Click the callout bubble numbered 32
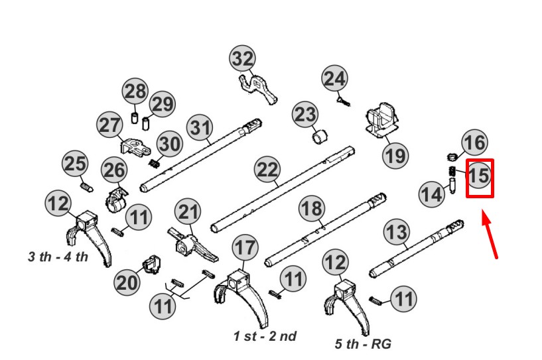pyautogui.click(x=243, y=59)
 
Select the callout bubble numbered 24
pyautogui.click(x=334, y=79)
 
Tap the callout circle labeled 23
pyautogui.click(x=305, y=115)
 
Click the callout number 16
pyautogui.click(x=474, y=143)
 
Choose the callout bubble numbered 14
pyautogui.click(x=432, y=194)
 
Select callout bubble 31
pyautogui.click(x=199, y=127)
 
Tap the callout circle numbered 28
pyautogui.click(x=135, y=91)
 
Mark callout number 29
pyautogui.click(x=161, y=104)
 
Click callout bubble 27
pyautogui.click(x=110, y=125)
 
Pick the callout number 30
pyautogui.click(x=169, y=144)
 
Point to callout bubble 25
pyautogui.click(x=75, y=164)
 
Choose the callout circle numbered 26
pyautogui.click(x=113, y=170)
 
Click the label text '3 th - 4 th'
pyautogui.click(x=58, y=257)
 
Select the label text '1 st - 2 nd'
pyautogui.click(x=265, y=336)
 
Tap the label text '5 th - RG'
pyautogui.click(x=364, y=343)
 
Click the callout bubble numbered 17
pyautogui.click(x=245, y=249)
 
